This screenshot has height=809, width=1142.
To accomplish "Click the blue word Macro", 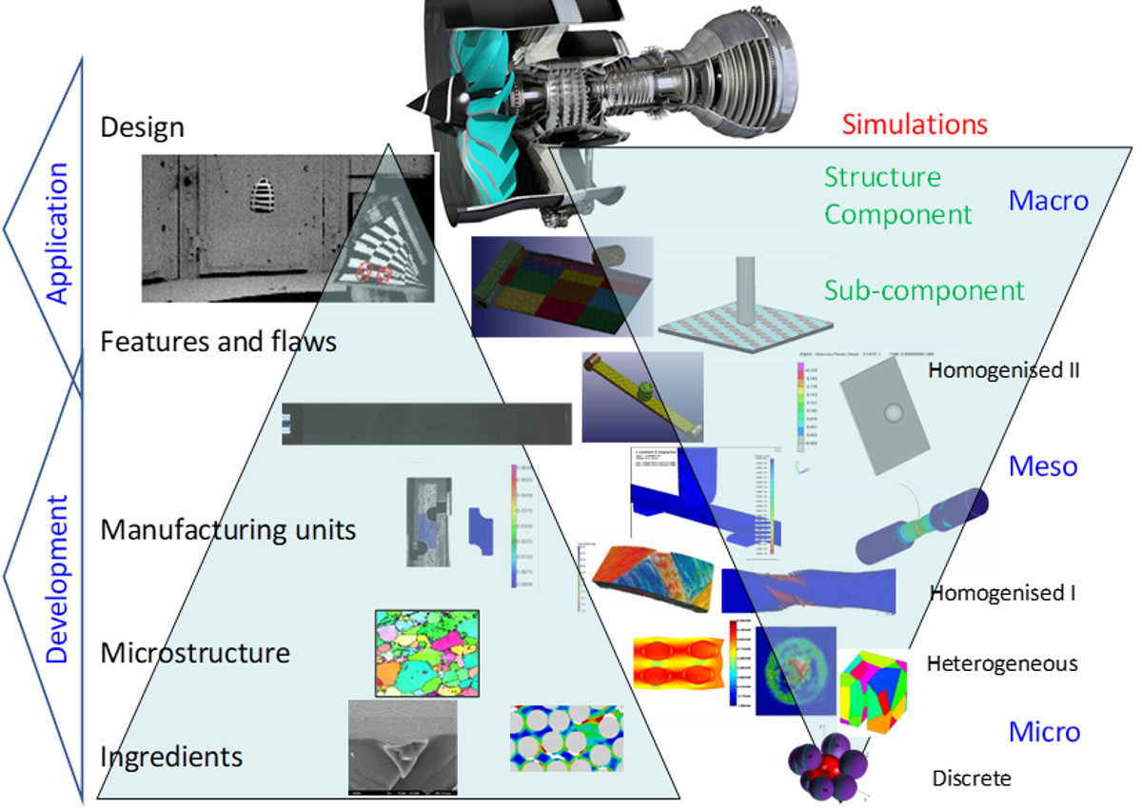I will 1048,200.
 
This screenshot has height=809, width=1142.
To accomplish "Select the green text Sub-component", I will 924,290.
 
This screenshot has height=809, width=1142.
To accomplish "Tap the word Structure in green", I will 882,177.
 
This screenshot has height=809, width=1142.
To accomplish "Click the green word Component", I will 897,214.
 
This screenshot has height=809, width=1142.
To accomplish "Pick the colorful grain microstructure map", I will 427,652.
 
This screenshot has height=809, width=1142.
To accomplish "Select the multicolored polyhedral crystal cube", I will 874,693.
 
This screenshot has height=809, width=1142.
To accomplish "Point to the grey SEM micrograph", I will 402,747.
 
